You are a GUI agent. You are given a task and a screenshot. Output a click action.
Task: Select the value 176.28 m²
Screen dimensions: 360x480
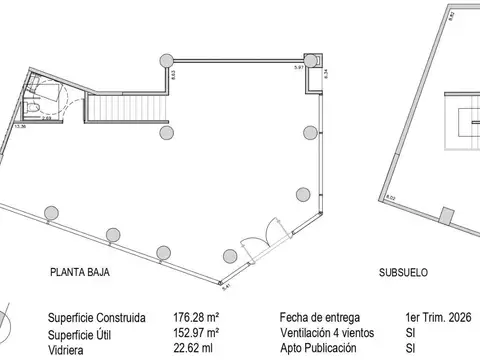pos(195,318)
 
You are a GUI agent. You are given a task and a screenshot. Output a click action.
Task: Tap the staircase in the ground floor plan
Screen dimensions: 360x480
pos(123,102)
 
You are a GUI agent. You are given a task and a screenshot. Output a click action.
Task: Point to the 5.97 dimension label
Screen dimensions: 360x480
pos(298,67)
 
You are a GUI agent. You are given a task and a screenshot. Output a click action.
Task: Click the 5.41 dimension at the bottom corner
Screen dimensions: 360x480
pos(225,287)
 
